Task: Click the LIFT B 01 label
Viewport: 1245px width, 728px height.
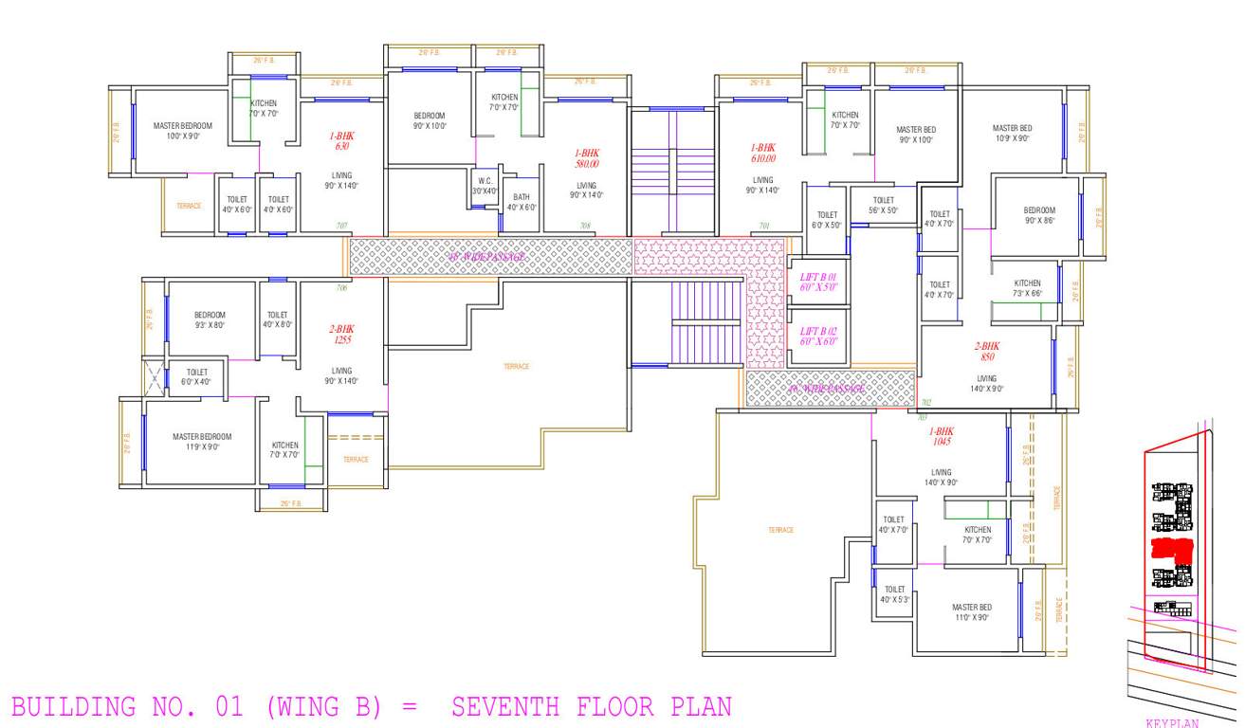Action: coord(818,282)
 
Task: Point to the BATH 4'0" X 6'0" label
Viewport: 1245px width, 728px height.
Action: coord(522,202)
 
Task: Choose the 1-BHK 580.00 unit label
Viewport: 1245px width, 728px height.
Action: coord(587,157)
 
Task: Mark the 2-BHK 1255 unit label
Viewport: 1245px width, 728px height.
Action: coord(341,334)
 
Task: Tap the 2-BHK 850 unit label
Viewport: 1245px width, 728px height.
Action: coord(987,352)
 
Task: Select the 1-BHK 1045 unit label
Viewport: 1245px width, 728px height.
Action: coord(942,436)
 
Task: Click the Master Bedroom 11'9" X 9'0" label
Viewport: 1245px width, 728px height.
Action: coord(202,442)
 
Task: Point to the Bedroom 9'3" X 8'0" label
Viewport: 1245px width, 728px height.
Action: coord(210,319)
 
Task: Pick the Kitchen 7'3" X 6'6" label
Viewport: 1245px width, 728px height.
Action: coord(1027,288)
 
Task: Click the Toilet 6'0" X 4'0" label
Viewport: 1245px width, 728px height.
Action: coord(196,376)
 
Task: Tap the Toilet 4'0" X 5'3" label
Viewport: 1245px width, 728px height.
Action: coord(894,594)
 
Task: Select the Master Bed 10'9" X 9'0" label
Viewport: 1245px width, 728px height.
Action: coord(1012,133)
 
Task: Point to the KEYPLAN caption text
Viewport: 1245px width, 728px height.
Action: coord(1172,722)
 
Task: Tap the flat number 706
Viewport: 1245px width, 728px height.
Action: coord(341,287)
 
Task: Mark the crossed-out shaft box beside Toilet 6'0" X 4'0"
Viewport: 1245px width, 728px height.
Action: coord(154,376)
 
